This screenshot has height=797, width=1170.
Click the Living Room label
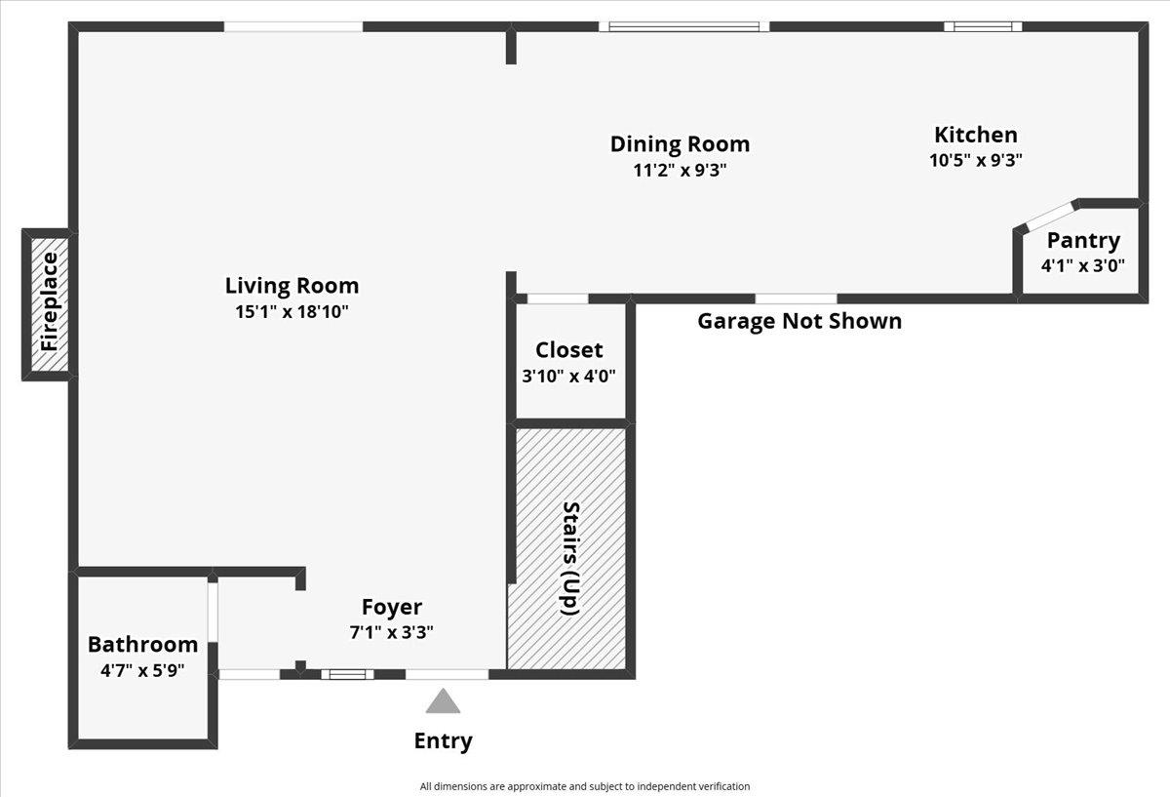tap(292, 286)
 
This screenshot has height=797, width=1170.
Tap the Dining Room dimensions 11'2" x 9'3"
tap(680, 170)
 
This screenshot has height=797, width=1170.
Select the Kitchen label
tap(976, 135)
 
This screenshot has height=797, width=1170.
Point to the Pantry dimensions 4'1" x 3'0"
tap(1083, 265)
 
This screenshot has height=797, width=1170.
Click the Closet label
tap(568, 350)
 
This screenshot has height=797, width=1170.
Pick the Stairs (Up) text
tap(570, 559)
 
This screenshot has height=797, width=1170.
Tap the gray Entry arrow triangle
tap(443, 700)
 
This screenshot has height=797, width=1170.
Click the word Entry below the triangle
tap(443, 741)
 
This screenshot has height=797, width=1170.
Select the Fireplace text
tap(50, 302)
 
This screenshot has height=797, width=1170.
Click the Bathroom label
tap(142, 645)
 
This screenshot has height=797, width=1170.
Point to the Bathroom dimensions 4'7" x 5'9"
tap(142, 670)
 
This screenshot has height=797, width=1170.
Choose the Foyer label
tap(392, 608)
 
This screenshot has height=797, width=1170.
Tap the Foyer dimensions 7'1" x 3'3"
tap(391, 633)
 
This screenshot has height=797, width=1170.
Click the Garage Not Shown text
tap(799, 321)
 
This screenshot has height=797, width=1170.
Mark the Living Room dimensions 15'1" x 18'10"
tap(292, 312)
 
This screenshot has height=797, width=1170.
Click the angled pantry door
tap(1050, 216)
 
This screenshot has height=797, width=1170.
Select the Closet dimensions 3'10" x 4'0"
tap(568, 376)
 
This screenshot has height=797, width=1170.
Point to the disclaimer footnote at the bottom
tap(585, 786)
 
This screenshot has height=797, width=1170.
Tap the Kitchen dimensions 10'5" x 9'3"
tap(976, 160)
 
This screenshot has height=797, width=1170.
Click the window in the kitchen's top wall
tap(983, 26)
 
